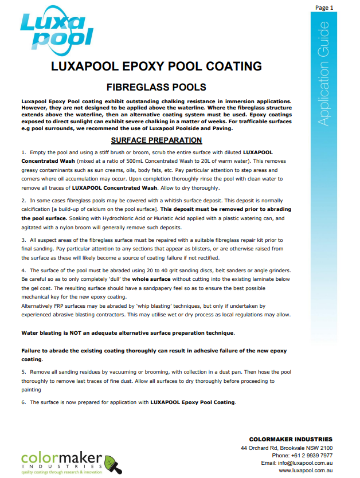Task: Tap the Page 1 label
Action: (x=324, y=7)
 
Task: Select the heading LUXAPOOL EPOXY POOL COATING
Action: (x=156, y=66)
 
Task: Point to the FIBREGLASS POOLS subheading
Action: (x=156, y=87)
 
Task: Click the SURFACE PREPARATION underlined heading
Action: (x=156, y=140)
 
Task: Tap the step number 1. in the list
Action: (x=24, y=154)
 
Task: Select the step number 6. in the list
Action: (x=24, y=402)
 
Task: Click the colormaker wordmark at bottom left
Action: (x=60, y=460)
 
